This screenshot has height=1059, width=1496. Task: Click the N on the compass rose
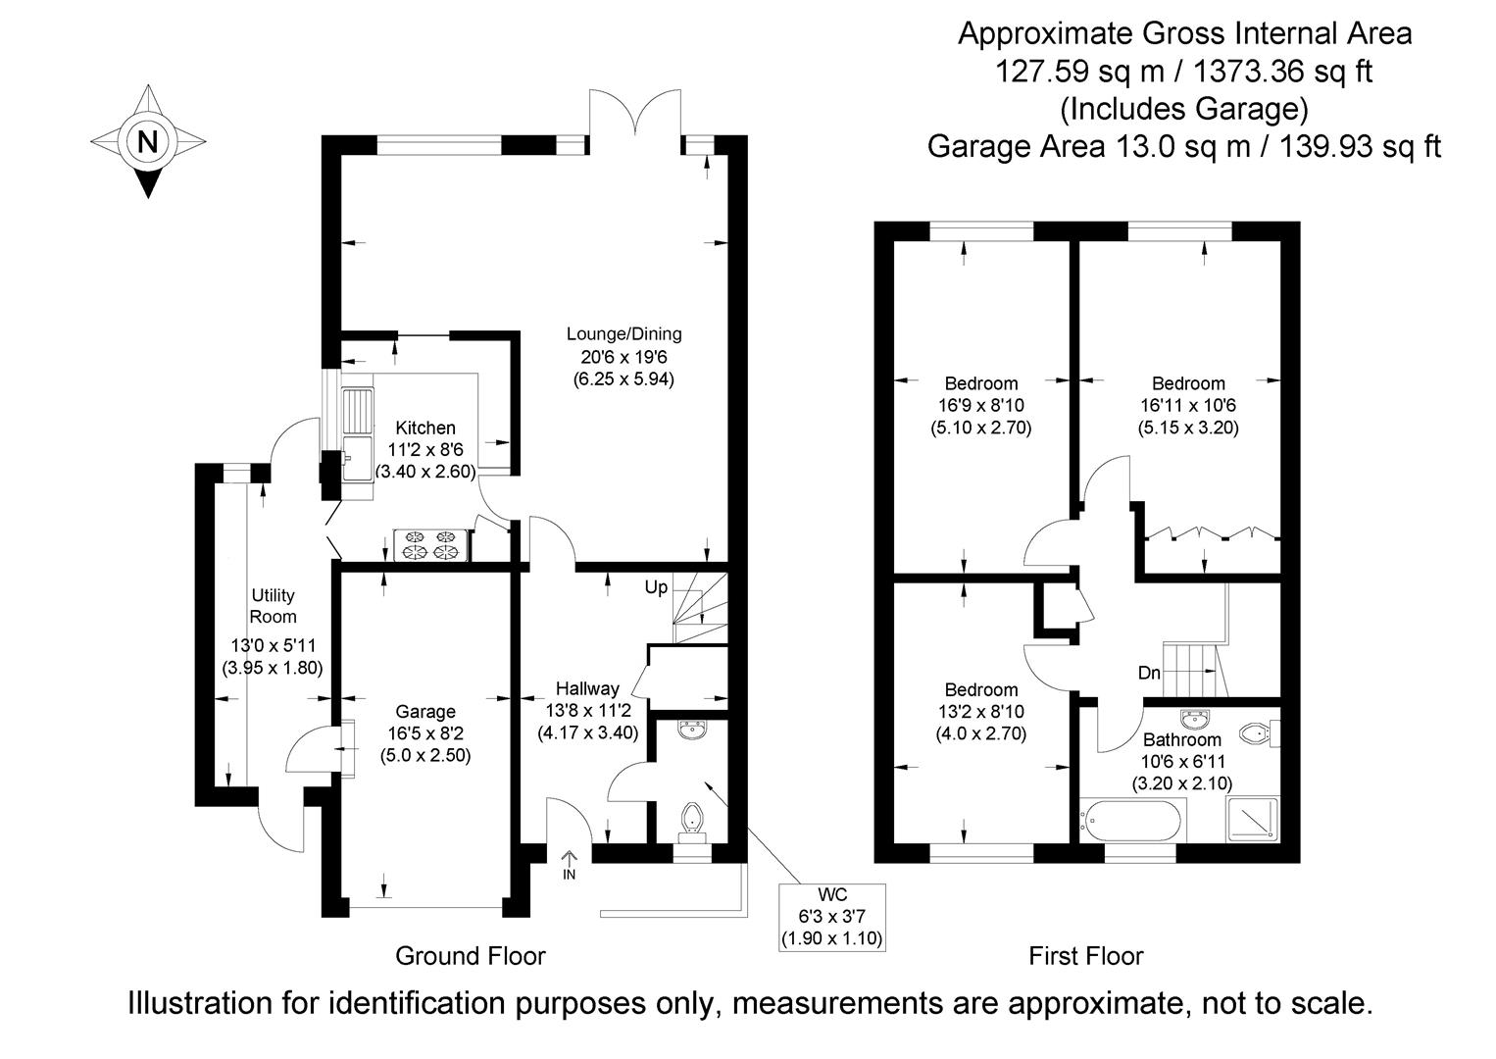coord(147,141)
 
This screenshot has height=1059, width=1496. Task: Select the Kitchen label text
coord(425,429)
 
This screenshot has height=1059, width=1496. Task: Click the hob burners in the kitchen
coord(430,545)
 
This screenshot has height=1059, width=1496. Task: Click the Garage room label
coord(425,712)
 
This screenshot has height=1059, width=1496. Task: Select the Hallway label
coord(587,688)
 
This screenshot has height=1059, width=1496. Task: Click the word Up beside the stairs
coord(656,587)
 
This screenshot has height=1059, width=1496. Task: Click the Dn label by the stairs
coord(1149,674)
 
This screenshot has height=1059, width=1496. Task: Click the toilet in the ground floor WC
coord(692,818)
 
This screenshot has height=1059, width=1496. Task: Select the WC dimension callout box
coord(831,917)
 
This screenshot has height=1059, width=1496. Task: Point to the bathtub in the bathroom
coord(1132,820)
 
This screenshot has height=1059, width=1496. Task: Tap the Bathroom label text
coord(1181,740)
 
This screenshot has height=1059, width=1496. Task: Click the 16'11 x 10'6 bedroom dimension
coord(1188,406)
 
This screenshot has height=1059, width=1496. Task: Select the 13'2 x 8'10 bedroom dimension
coord(980,712)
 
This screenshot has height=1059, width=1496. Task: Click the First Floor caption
coord(1085,955)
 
